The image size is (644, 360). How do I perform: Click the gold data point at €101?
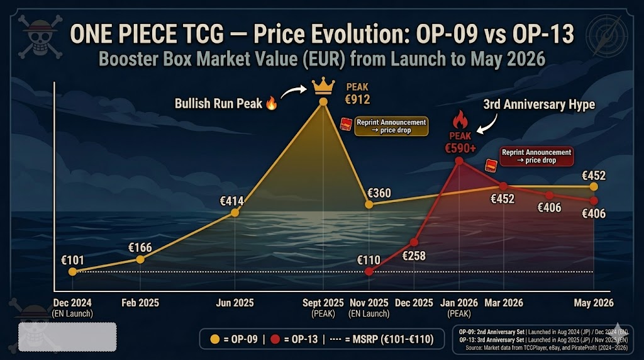coord(73,271)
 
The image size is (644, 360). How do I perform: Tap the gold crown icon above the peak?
coord(323,86)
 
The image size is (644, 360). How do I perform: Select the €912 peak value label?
coord(357,99)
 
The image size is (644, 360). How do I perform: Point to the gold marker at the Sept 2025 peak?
coord(323,101)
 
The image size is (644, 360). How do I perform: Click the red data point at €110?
coord(369,271)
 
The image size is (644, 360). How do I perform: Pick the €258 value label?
coord(414,256)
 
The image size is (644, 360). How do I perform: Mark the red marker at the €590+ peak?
coord(460,161)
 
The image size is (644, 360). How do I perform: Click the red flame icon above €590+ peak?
coord(460,120)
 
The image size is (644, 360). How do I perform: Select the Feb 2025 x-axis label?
coord(140,303)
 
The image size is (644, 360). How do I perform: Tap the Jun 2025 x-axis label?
coord(235,303)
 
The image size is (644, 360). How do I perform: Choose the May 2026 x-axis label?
coord(594,303)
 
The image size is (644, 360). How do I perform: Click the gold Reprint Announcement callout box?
coord(391,126)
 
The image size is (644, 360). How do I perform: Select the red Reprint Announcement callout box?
coord(536,157)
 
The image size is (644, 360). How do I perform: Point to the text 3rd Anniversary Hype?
coord(539,104)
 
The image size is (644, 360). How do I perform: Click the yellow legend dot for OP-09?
coord(215,339)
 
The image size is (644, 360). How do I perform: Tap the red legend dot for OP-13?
coord(275,339)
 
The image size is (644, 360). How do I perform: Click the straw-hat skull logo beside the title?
coord(40,37)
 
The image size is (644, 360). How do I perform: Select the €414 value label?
coord(231,201)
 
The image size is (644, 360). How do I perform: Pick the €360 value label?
coord(379,193)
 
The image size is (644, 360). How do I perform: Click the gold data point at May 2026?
coord(594,186)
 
